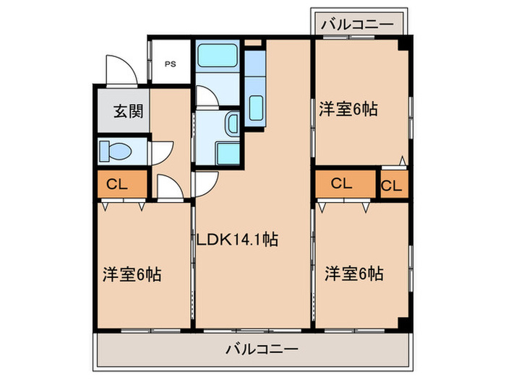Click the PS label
click(170, 64)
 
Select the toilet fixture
click(116, 152)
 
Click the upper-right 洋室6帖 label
click(350, 110)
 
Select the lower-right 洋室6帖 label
click(353, 274)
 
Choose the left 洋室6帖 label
click(131, 274)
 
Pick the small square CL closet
click(392, 186)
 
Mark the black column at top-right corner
click(406, 43)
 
